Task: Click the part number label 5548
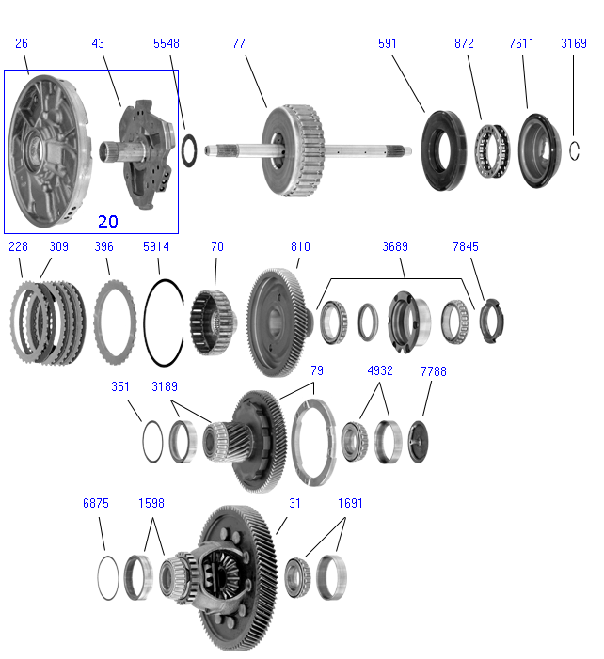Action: pyautogui.click(x=167, y=43)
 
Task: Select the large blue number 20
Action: pyautogui.click(x=108, y=221)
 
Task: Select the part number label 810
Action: pyautogui.click(x=300, y=246)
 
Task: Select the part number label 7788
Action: pyautogui.click(x=434, y=371)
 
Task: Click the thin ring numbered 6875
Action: pyautogui.click(x=109, y=577)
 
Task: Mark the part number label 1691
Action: pyautogui.click(x=351, y=503)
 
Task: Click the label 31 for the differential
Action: pyautogui.click(x=294, y=503)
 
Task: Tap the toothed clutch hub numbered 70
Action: pyautogui.click(x=212, y=321)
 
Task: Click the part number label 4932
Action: pyautogui.click(x=380, y=371)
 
